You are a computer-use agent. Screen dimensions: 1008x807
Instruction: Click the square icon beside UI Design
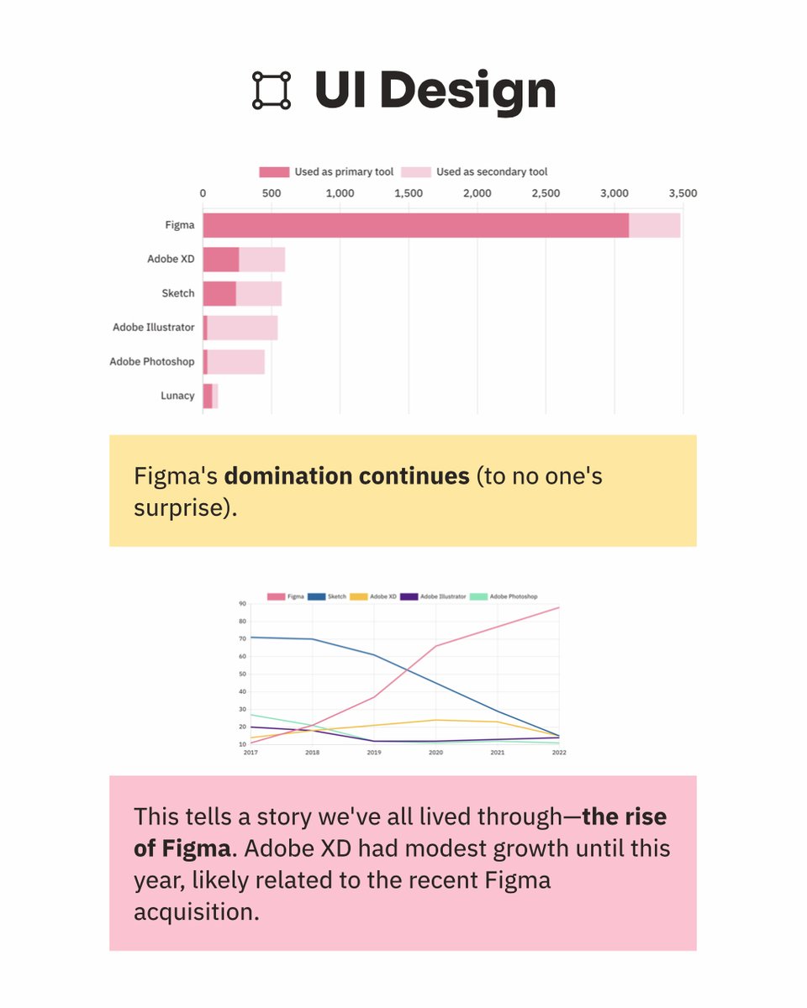pyautogui.click(x=272, y=90)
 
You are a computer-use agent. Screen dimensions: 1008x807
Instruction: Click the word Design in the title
pyautogui.click(x=470, y=90)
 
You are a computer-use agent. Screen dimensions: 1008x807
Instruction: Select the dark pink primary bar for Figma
pyautogui.click(x=415, y=225)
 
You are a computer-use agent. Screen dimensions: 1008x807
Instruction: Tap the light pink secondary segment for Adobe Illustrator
pyautogui.click(x=242, y=328)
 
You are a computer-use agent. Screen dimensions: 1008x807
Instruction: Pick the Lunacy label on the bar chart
pyautogui.click(x=177, y=396)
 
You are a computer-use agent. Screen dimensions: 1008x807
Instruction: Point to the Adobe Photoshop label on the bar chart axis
pyautogui.click(x=152, y=362)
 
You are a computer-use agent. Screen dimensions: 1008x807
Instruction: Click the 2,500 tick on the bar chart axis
pyautogui.click(x=546, y=193)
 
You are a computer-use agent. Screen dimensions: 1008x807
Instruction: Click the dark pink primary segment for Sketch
pyautogui.click(x=219, y=293)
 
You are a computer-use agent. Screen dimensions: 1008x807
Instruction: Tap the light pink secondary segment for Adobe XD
pyautogui.click(x=261, y=260)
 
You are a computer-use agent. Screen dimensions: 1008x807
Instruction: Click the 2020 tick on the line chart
pyautogui.click(x=435, y=753)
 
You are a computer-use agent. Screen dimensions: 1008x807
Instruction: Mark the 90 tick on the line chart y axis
pyautogui.click(x=242, y=604)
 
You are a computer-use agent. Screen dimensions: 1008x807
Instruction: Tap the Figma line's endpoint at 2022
pyautogui.click(x=559, y=607)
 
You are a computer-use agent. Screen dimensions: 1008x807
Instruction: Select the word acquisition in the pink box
pyautogui.click(x=196, y=911)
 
